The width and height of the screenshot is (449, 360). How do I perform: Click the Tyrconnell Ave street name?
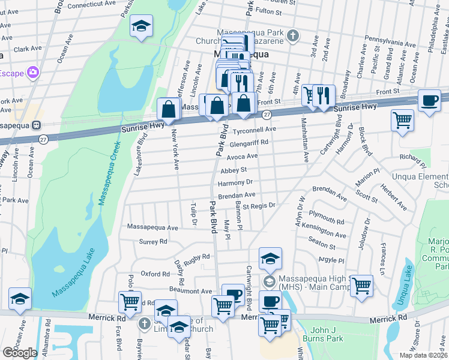pos(254,129)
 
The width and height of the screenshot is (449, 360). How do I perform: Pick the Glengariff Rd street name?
pos(248,142)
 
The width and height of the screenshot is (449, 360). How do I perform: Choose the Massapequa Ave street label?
pos(153,227)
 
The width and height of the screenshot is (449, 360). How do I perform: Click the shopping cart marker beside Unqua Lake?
pos(361,285)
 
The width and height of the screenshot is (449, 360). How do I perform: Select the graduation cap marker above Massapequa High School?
pos(270,258)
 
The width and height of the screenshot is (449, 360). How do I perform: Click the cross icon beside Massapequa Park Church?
pos(292,35)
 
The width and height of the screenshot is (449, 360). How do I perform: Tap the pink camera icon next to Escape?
pos(32,73)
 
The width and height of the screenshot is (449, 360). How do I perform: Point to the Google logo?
pos(20,352)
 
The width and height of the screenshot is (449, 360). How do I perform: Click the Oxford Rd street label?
pos(155,274)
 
